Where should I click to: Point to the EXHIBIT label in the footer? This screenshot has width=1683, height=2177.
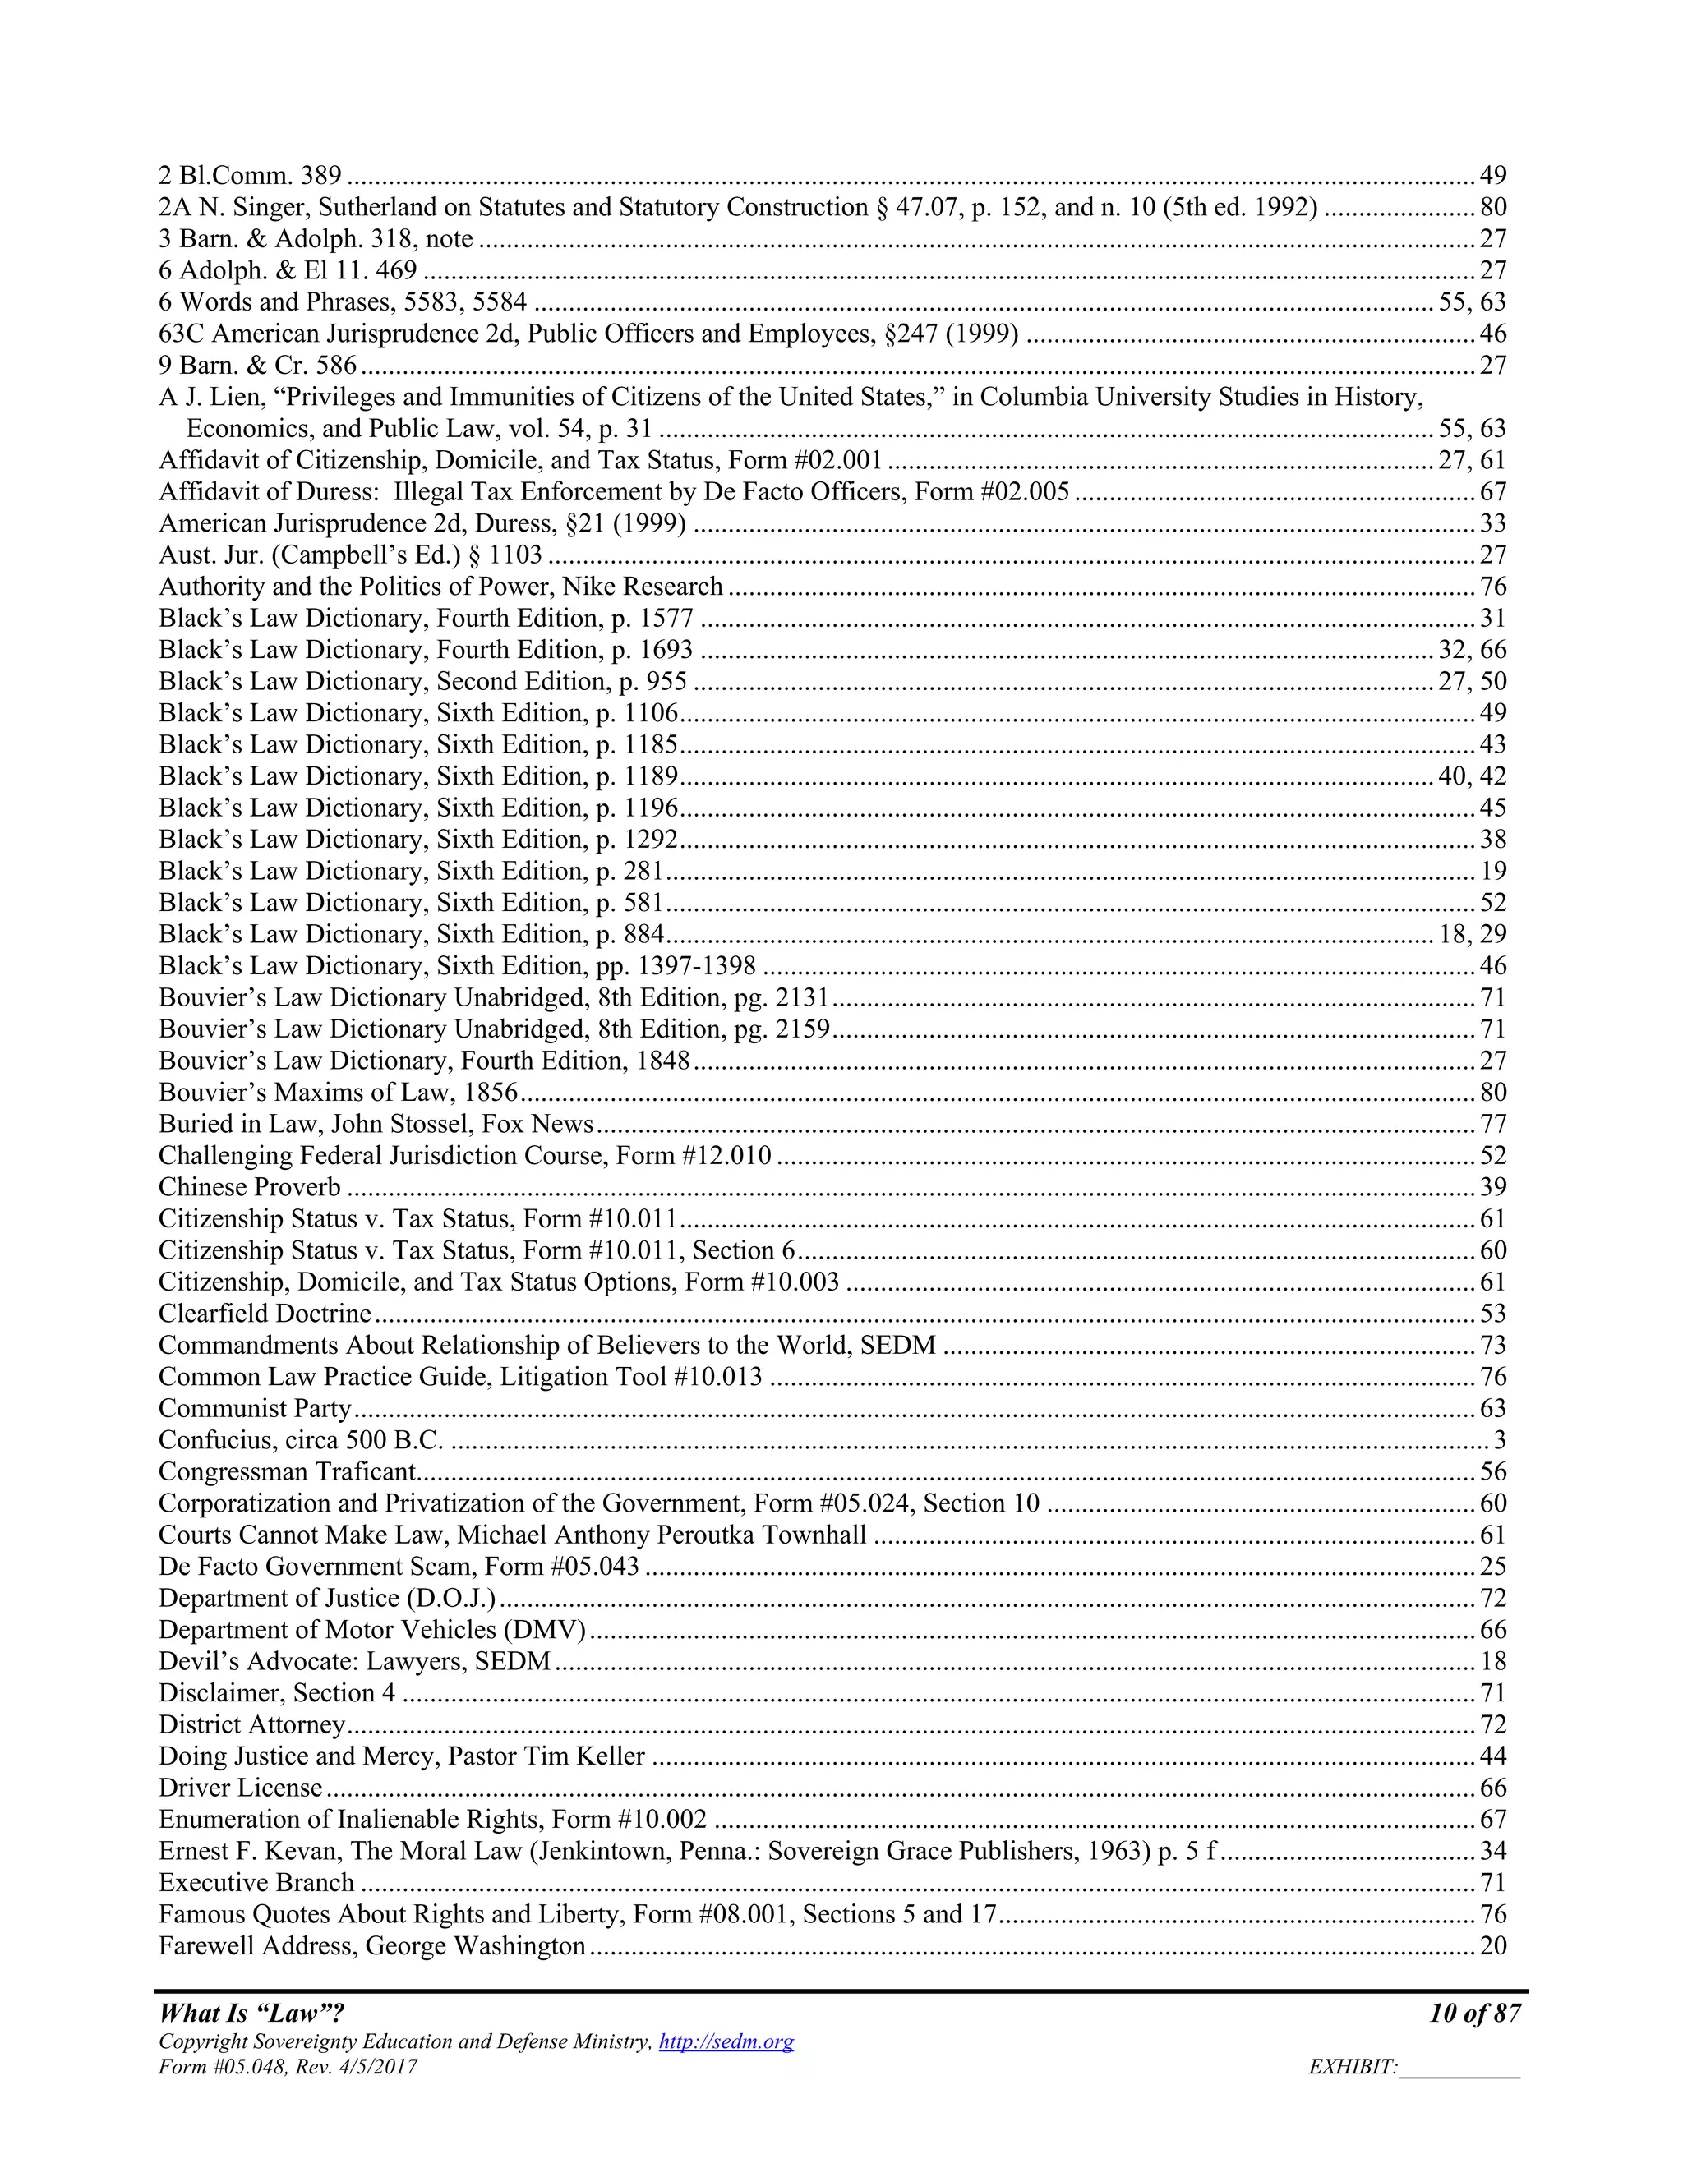pyautogui.click(x=1353, y=2068)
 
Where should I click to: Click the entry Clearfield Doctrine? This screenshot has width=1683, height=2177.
pyautogui.click(x=265, y=1314)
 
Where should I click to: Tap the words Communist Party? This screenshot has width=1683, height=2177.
pyautogui.click(x=256, y=1408)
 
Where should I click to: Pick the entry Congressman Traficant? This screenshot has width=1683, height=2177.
pyautogui.click(x=287, y=1471)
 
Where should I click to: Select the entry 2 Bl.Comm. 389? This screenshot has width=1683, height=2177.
pyautogui.click(x=249, y=176)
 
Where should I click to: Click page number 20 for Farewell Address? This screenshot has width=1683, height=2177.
pyautogui.click(x=1492, y=1945)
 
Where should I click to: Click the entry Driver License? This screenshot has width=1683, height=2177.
pyautogui.click(x=240, y=1788)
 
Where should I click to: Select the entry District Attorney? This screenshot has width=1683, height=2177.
pyautogui.click(x=251, y=1724)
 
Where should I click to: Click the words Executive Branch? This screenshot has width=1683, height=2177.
pyautogui.click(x=256, y=1882)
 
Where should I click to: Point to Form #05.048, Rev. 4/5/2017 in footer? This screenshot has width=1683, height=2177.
pyautogui.click(x=287, y=2068)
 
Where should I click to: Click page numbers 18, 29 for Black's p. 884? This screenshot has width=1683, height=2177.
pyautogui.click(x=1473, y=934)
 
